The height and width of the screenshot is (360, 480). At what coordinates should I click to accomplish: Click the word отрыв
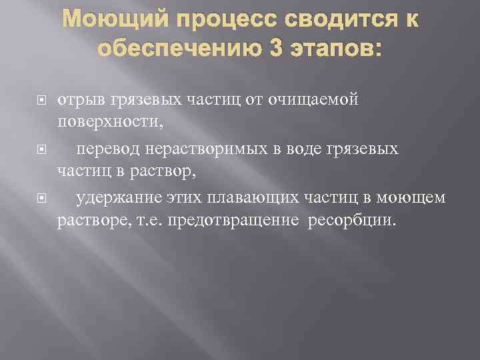click(x=79, y=100)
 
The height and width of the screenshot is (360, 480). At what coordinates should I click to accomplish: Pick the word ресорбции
click(x=351, y=221)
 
